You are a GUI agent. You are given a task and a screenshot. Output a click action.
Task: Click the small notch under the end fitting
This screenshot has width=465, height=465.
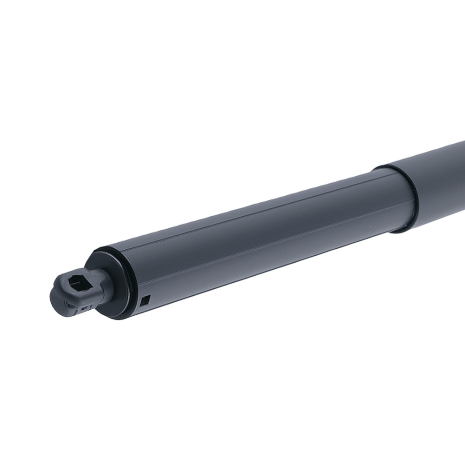[x=84, y=308]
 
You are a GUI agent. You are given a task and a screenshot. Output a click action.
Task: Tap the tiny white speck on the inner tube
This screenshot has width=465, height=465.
[x=371, y=227]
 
